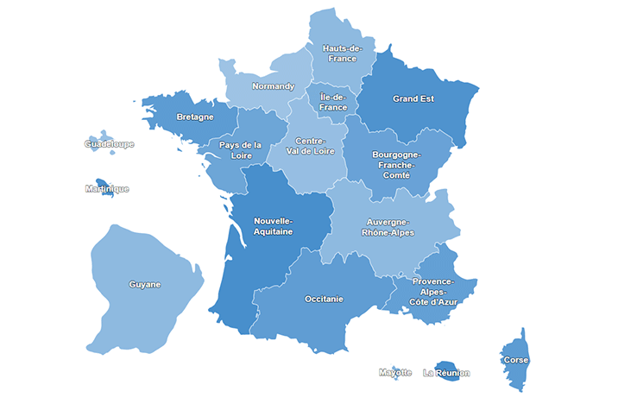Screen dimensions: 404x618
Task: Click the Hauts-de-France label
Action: click(343, 54)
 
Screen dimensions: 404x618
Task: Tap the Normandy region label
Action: click(273, 86)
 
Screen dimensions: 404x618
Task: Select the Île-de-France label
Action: click(332, 102)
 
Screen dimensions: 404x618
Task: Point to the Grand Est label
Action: click(413, 98)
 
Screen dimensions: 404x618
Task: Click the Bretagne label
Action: click(195, 117)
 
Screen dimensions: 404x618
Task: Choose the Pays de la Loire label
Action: click(240, 150)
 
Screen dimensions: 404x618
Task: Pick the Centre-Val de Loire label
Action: click(309, 146)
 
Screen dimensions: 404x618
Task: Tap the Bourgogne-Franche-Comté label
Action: click(394, 165)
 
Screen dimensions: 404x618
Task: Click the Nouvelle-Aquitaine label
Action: click(273, 226)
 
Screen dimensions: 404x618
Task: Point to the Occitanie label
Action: click(324, 299)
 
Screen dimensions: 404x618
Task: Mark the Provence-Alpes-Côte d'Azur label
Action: click(433, 291)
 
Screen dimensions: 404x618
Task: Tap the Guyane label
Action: click(145, 284)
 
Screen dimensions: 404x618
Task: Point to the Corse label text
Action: click(516, 360)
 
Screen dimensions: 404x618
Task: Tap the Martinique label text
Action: click(107, 189)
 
